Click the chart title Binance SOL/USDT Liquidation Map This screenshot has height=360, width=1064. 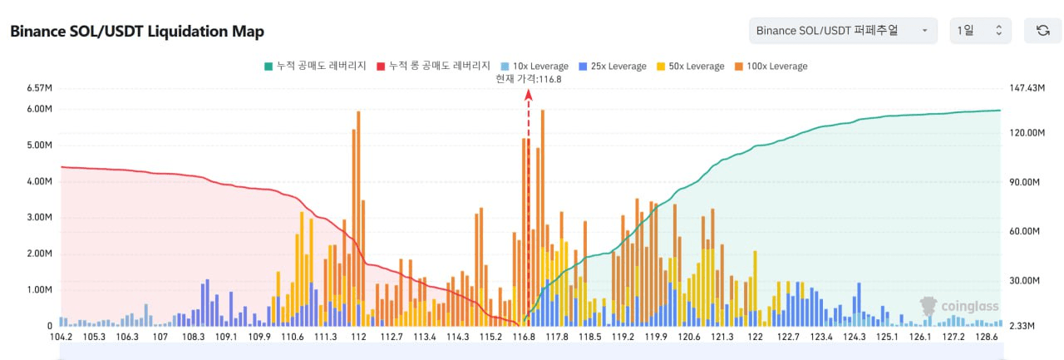(136, 32)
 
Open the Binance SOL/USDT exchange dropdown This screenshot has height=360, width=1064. (842, 31)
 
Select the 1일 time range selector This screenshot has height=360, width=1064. (980, 31)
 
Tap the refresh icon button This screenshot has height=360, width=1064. (1042, 31)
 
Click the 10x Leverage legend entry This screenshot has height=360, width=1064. (535, 66)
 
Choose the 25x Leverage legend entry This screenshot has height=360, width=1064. (613, 66)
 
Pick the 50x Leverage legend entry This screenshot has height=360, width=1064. (691, 66)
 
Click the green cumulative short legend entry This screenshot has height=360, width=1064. (315, 66)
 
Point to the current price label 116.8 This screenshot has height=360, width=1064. (528, 79)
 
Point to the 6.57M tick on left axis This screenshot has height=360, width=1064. (40, 88)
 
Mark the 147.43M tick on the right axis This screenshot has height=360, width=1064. (1026, 88)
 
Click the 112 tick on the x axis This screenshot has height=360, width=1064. (359, 338)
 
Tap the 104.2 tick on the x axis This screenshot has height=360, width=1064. (62, 338)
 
